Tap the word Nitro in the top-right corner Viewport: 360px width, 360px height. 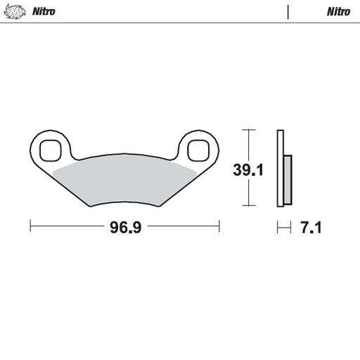click(x=337, y=12)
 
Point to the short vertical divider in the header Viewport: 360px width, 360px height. click(x=288, y=11)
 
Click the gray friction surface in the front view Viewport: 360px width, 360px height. click(x=124, y=181)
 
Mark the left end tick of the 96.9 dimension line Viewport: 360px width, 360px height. click(x=30, y=226)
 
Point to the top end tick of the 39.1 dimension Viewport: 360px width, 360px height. click(x=246, y=130)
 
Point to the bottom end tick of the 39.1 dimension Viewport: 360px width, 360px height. click(x=246, y=206)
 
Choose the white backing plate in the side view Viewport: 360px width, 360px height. click(x=280, y=169)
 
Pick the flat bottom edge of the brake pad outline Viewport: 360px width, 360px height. click(x=124, y=207)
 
